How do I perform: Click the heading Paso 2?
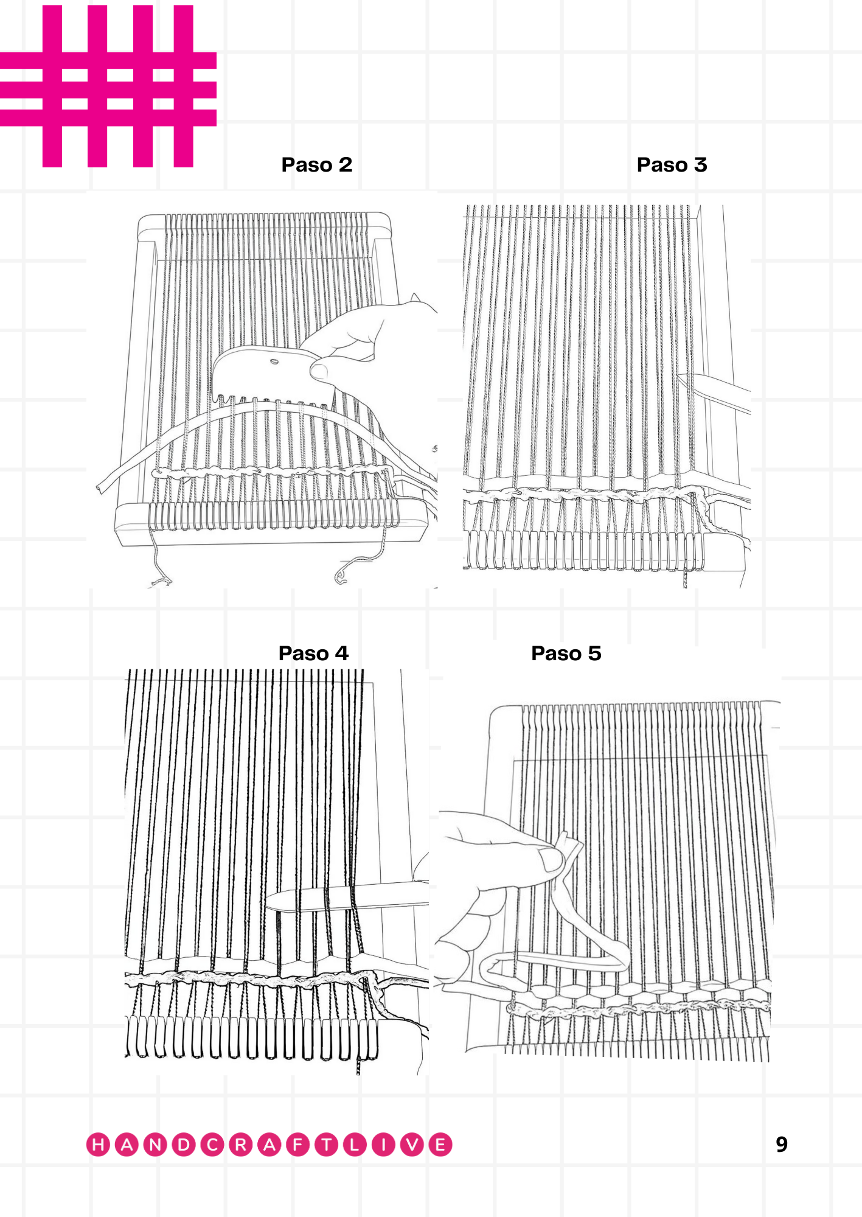tap(317, 165)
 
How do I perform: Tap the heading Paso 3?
tap(672, 165)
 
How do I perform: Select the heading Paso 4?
tap(314, 654)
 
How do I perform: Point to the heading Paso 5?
tap(566, 654)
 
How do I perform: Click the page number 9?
tap(782, 1145)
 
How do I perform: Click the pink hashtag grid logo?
tap(108, 86)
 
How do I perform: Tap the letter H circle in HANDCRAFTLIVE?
tap(99, 1145)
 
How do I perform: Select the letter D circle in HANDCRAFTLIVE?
tap(184, 1145)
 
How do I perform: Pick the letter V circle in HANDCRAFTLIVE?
tap(412, 1145)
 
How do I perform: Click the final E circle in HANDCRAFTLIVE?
tap(440, 1145)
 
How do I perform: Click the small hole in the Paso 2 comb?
tap(274, 363)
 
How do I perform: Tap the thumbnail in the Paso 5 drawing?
tap(552, 860)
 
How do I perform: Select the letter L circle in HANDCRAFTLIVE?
tap(355, 1145)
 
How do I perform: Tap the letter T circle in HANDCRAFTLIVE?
tap(326, 1145)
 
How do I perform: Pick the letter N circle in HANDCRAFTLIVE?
tap(156, 1145)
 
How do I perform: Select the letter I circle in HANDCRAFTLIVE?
tap(383, 1145)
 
